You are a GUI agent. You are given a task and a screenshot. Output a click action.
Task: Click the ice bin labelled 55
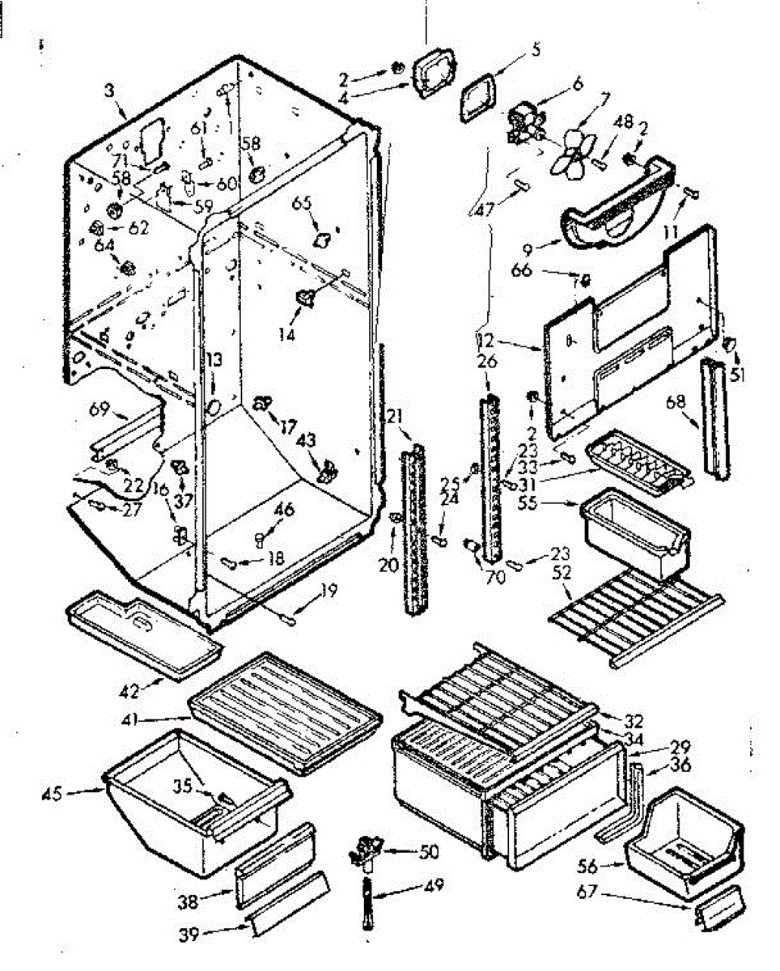point(635,534)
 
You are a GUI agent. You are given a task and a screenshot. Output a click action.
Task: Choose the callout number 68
point(676,402)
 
